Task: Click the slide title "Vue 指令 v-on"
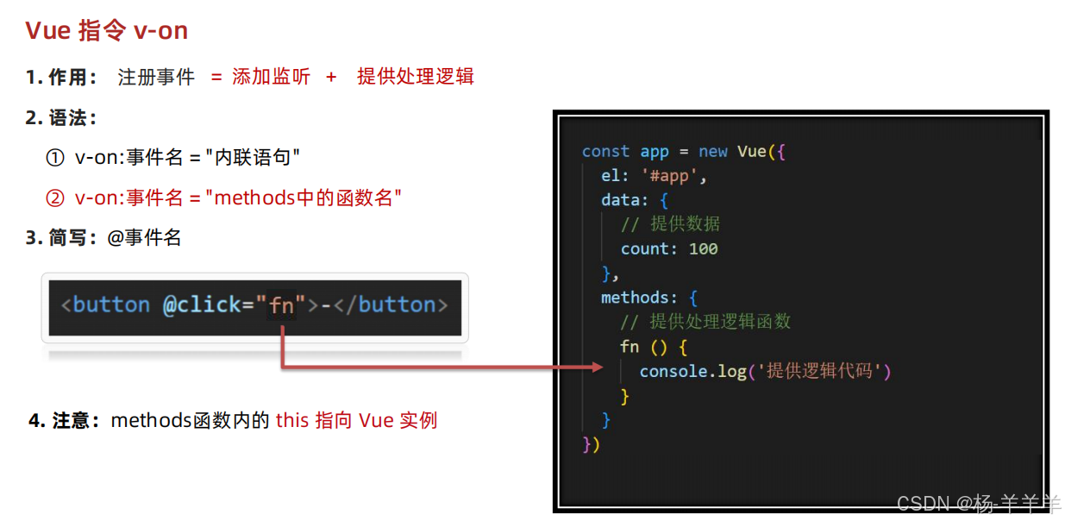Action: point(106,31)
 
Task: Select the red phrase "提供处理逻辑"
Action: point(416,77)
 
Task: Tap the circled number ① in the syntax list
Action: point(54,158)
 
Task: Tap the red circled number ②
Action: point(54,198)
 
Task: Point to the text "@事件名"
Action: point(144,238)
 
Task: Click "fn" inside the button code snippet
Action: point(282,305)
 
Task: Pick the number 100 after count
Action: point(703,249)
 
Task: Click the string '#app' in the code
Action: point(673,176)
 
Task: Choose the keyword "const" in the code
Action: point(605,152)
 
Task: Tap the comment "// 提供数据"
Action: point(670,224)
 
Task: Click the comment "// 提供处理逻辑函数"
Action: point(705,322)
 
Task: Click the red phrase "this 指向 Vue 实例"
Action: point(356,421)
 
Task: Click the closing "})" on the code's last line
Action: point(591,444)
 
